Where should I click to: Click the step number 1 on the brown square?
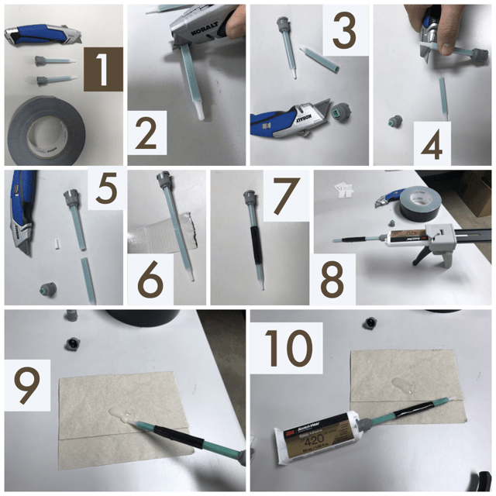click(x=102, y=71)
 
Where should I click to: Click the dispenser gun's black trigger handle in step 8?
click(x=423, y=255)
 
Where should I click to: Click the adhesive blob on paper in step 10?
click(x=404, y=385)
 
